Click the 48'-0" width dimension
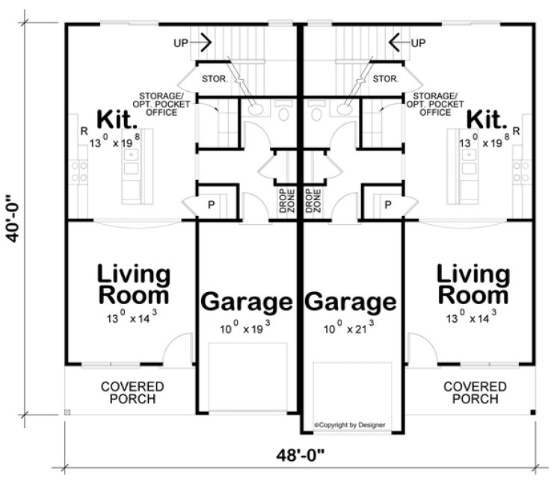pyautogui.click(x=303, y=454)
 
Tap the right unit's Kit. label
pyautogui.click(x=487, y=120)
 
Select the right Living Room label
pyautogui.click(x=474, y=284)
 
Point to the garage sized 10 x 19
pyautogui.click(x=246, y=303)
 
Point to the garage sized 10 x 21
pyautogui.click(x=350, y=303)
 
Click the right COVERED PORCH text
pyautogui.click(x=475, y=392)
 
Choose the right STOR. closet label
pyautogui.click(x=384, y=78)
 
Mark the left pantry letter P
pyautogui.click(x=212, y=205)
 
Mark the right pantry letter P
pyautogui.click(x=388, y=205)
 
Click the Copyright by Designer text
pyautogui.click(x=350, y=424)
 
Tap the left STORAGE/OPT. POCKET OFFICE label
pyautogui.click(x=158, y=105)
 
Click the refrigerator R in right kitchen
pyautogui.click(x=517, y=131)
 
